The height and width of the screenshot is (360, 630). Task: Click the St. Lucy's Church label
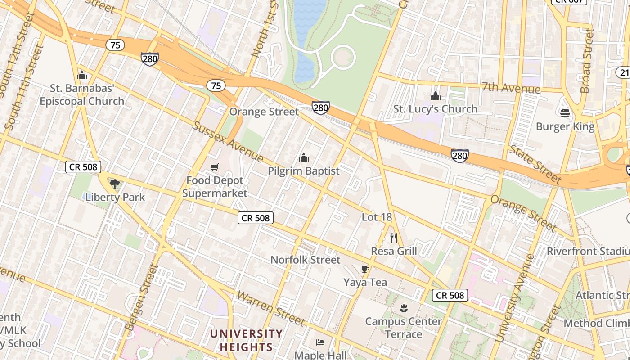click(435, 109)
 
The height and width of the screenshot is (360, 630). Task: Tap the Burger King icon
click(565, 113)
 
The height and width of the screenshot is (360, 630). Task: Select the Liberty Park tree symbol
click(115, 184)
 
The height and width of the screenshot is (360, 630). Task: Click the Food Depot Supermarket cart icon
click(215, 167)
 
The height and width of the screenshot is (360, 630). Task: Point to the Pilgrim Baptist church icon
click(304, 157)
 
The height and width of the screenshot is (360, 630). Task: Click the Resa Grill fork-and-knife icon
click(394, 238)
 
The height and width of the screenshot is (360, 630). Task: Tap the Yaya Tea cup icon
click(365, 269)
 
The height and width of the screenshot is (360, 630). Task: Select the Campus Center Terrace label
click(403, 328)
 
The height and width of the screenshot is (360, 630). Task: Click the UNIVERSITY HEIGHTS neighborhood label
click(246, 340)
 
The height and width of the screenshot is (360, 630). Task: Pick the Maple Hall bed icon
click(320, 342)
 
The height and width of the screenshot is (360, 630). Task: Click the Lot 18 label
click(377, 217)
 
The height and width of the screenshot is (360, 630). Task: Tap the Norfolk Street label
click(305, 260)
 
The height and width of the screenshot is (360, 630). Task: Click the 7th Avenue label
click(510, 88)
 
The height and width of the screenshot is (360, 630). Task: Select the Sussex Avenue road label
click(228, 141)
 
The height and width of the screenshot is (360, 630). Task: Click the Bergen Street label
click(143, 297)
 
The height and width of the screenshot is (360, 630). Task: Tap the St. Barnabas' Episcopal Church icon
click(82, 75)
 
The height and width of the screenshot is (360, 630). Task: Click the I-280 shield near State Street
click(459, 156)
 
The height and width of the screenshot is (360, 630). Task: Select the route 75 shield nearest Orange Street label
click(216, 85)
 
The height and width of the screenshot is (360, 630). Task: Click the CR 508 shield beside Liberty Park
click(83, 167)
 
